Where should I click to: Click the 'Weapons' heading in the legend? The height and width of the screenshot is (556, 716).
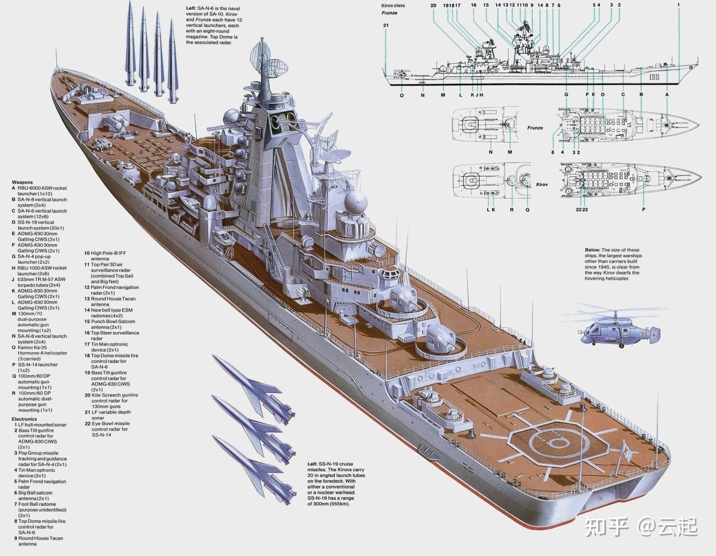pos(22,182)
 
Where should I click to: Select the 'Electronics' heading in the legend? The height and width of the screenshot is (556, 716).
pos(24,419)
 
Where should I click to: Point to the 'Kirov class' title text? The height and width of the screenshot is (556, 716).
pos(393,5)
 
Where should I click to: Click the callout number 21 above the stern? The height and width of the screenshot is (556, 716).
pos(386,25)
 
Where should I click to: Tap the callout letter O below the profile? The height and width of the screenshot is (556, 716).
pos(402,95)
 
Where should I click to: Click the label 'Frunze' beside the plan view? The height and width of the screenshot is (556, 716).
pos(535,128)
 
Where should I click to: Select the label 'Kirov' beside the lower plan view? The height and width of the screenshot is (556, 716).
pos(542,185)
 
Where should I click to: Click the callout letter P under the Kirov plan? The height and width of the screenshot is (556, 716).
pos(643,209)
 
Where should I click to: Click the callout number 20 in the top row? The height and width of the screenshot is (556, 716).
pos(433,5)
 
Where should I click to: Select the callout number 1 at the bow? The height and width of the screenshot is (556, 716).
pos(678,5)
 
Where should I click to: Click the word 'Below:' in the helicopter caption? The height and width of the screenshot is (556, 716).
pos(592,250)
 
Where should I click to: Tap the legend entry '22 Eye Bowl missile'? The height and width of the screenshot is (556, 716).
pos(107,423)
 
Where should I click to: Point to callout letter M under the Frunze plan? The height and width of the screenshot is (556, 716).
pos(510,152)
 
